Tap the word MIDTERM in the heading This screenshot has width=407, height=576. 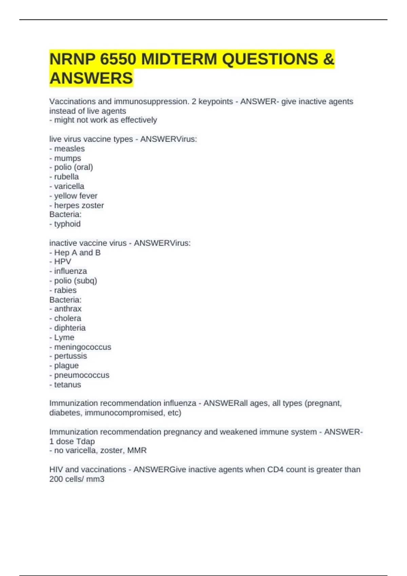click(x=179, y=59)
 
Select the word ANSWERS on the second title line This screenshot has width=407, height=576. click(x=91, y=78)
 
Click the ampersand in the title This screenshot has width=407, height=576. click(x=329, y=59)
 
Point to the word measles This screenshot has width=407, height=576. click(x=70, y=149)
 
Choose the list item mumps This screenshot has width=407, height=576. click(x=67, y=158)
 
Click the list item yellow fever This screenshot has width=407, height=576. click(x=76, y=196)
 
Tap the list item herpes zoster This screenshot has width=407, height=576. click(x=79, y=205)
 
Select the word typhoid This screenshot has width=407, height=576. click(x=67, y=224)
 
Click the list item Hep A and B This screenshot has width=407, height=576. click(x=77, y=253)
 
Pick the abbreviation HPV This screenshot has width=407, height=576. click(x=63, y=262)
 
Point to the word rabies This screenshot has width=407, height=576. click(x=65, y=290)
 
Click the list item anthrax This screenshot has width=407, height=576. click(x=68, y=309)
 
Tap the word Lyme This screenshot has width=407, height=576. click(x=64, y=337)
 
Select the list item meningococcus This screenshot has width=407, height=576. click(x=83, y=347)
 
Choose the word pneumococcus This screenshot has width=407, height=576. click(x=82, y=375)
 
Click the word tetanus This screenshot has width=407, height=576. click(x=67, y=385)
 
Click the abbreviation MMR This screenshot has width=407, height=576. click(x=137, y=450)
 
